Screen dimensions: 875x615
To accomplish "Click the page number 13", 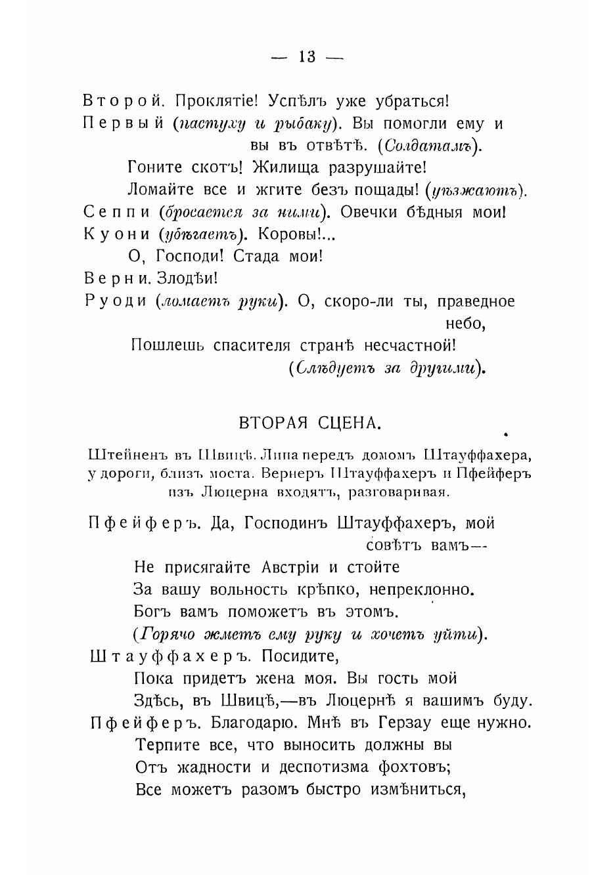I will (307, 57).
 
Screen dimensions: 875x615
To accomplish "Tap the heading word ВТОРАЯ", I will (269, 422).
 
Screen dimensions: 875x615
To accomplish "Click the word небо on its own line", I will (465, 324).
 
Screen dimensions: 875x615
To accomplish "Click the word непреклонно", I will (420, 589).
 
